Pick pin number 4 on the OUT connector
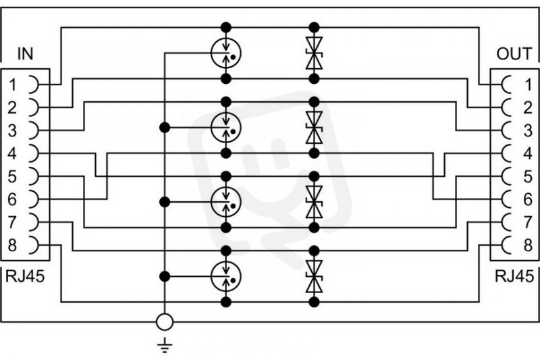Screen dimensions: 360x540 pos(528,153)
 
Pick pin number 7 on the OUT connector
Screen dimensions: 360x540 pos(528,222)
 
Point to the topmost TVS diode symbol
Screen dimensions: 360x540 pos(313,53)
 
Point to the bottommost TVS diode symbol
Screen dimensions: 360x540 pos(313,276)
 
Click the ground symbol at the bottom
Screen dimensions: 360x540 pos(165,346)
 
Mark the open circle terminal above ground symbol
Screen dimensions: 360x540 pos(165,322)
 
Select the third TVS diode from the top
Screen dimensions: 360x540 pos(313,200)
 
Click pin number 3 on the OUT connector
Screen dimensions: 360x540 pos(528,130)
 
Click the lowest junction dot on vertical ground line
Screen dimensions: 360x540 pos(165,276)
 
